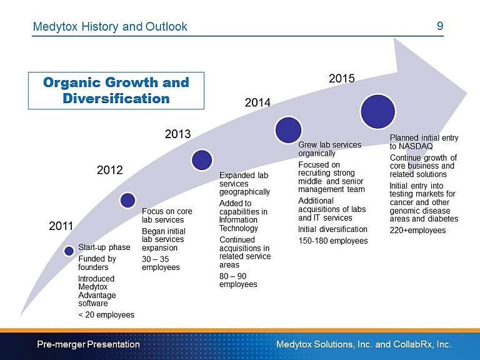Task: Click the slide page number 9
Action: coord(440,26)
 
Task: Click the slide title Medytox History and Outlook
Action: coord(110,27)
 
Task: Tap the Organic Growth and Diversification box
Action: coord(116,91)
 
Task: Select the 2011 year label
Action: coord(61,226)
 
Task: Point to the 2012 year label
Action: coord(109,170)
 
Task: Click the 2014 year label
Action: coord(257,102)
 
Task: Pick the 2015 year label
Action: coord(342,79)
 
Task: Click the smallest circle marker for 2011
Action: coord(69,251)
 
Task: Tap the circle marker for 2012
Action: coord(127,200)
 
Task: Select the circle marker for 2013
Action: coord(202,160)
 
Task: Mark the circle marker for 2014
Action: coord(288,130)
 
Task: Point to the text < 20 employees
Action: coord(106,314)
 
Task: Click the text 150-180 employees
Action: coord(333,240)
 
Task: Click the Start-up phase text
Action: coord(104,247)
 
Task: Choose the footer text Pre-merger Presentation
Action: coord(88,344)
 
